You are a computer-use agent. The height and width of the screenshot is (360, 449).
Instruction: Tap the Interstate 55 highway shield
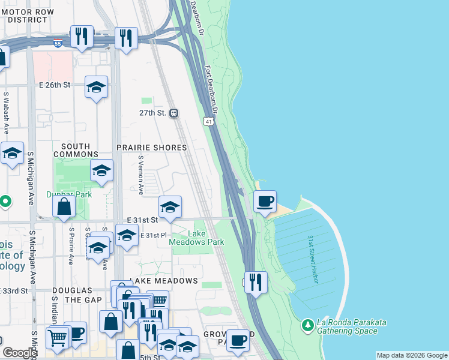[74, 44]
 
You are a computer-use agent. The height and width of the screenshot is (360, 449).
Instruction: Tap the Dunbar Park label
[68, 195]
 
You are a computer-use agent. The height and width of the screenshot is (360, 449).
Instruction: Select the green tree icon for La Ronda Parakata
[307, 325]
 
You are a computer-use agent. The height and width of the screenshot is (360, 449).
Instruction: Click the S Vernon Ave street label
[141, 175]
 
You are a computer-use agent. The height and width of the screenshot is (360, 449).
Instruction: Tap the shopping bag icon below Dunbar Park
[64, 208]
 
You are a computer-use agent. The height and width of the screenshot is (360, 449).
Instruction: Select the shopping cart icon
[58, 337]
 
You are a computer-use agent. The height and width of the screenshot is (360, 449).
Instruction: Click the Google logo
[20, 353]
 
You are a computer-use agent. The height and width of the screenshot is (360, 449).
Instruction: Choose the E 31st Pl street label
[152, 235]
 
